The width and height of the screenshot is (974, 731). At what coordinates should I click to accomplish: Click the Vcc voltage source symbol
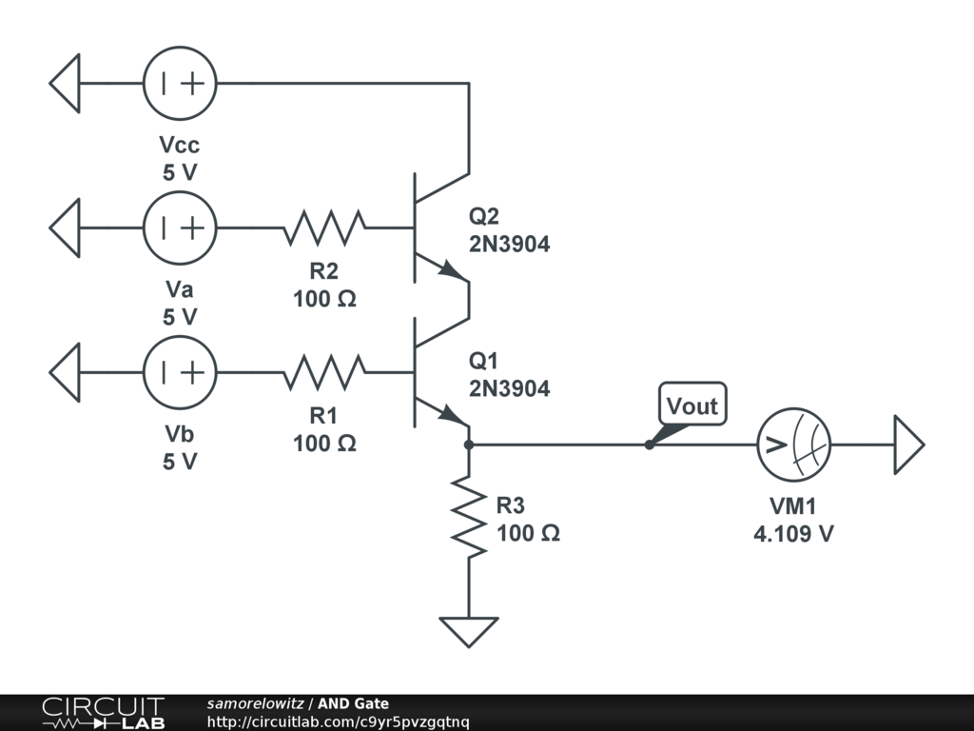coord(180,84)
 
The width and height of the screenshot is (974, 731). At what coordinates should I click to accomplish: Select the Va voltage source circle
coord(180,227)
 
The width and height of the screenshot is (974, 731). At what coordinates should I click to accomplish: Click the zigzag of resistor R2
coord(324,227)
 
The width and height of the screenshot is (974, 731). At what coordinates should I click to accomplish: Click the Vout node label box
coord(692,406)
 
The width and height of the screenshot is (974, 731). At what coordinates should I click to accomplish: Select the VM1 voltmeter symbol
coord(793,444)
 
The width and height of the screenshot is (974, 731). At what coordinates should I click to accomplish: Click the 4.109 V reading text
coord(793,533)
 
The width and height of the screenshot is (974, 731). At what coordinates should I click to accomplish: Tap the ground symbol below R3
coord(469,630)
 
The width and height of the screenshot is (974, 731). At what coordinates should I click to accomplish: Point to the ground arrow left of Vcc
coord(65,84)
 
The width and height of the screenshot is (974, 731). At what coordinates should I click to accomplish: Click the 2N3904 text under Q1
coord(509,388)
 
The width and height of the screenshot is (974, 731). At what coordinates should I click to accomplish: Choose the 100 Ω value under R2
coord(324,299)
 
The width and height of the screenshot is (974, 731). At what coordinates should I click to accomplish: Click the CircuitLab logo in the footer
coord(103,713)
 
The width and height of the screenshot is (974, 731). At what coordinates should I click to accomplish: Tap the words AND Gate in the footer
coord(353,703)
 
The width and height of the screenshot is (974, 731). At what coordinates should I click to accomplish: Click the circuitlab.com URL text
coord(338,721)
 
